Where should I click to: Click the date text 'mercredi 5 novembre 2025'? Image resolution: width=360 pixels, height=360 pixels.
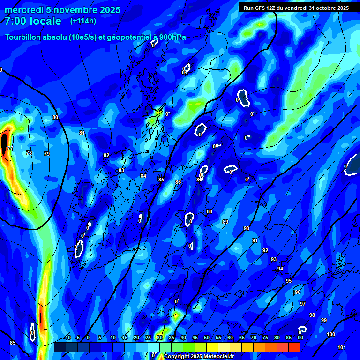(62, 10)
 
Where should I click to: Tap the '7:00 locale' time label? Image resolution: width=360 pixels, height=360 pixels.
(33, 21)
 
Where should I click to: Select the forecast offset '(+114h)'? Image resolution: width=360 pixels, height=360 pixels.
(83, 21)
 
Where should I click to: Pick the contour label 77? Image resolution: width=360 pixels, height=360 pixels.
(10, 148)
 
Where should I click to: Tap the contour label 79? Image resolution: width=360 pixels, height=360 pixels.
(46, 154)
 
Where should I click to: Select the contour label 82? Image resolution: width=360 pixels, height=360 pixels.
(106, 155)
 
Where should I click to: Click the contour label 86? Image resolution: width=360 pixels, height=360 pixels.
(178, 182)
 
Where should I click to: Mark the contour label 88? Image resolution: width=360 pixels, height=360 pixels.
(210, 211)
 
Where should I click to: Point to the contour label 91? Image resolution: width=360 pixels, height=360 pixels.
(255, 240)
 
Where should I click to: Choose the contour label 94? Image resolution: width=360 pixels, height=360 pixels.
(280, 269)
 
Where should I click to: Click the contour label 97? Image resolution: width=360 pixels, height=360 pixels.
(303, 304)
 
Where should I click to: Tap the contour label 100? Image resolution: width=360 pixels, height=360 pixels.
(331, 334)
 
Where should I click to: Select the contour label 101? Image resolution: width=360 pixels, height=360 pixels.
(342, 347)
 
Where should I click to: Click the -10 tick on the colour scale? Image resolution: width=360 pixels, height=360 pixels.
(67, 338)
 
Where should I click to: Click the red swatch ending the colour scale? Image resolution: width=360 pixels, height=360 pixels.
(294, 347)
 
